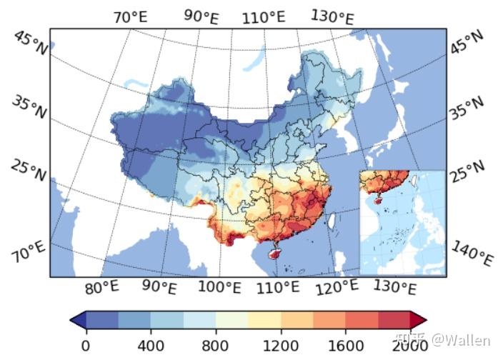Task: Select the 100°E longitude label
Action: point(219,287)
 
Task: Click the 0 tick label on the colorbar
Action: point(86,345)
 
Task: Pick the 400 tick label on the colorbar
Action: point(151,345)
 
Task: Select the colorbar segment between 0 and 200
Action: point(102,319)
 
